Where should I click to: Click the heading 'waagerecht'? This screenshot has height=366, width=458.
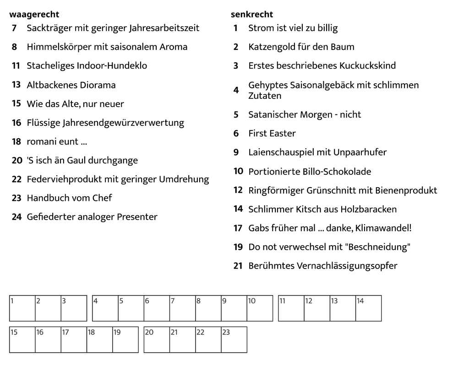point(34,15)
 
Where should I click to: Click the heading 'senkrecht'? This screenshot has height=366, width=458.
point(252,15)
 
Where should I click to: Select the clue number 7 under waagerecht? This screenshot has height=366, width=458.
point(15,28)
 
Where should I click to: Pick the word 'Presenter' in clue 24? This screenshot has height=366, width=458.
point(137,217)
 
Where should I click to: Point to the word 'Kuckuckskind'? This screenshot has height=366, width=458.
point(367,65)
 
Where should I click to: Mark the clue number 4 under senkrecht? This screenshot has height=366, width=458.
point(236,90)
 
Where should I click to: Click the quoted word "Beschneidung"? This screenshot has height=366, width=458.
point(379,247)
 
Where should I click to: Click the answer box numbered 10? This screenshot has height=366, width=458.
point(260,308)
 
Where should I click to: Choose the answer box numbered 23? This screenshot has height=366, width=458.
point(234,339)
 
